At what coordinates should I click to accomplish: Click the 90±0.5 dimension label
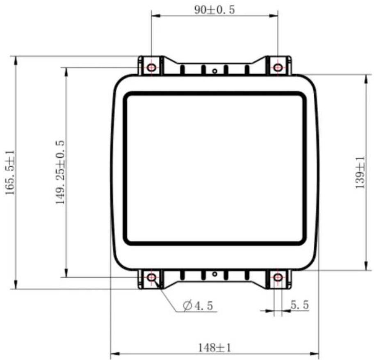[x=214, y=10]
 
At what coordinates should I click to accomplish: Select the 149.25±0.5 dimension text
[x=60, y=172]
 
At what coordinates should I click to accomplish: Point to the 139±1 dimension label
[x=360, y=172]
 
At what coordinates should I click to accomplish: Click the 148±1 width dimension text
[x=214, y=348]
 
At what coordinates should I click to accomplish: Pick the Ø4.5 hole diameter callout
[x=198, y=305]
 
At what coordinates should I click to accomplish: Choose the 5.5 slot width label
[x=300, y=305]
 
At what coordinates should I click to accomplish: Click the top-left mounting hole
[x=151, y=68]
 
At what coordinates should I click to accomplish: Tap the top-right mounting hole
[x=278, y=68]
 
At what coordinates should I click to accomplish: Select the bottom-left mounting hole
[x=151, y=277]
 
